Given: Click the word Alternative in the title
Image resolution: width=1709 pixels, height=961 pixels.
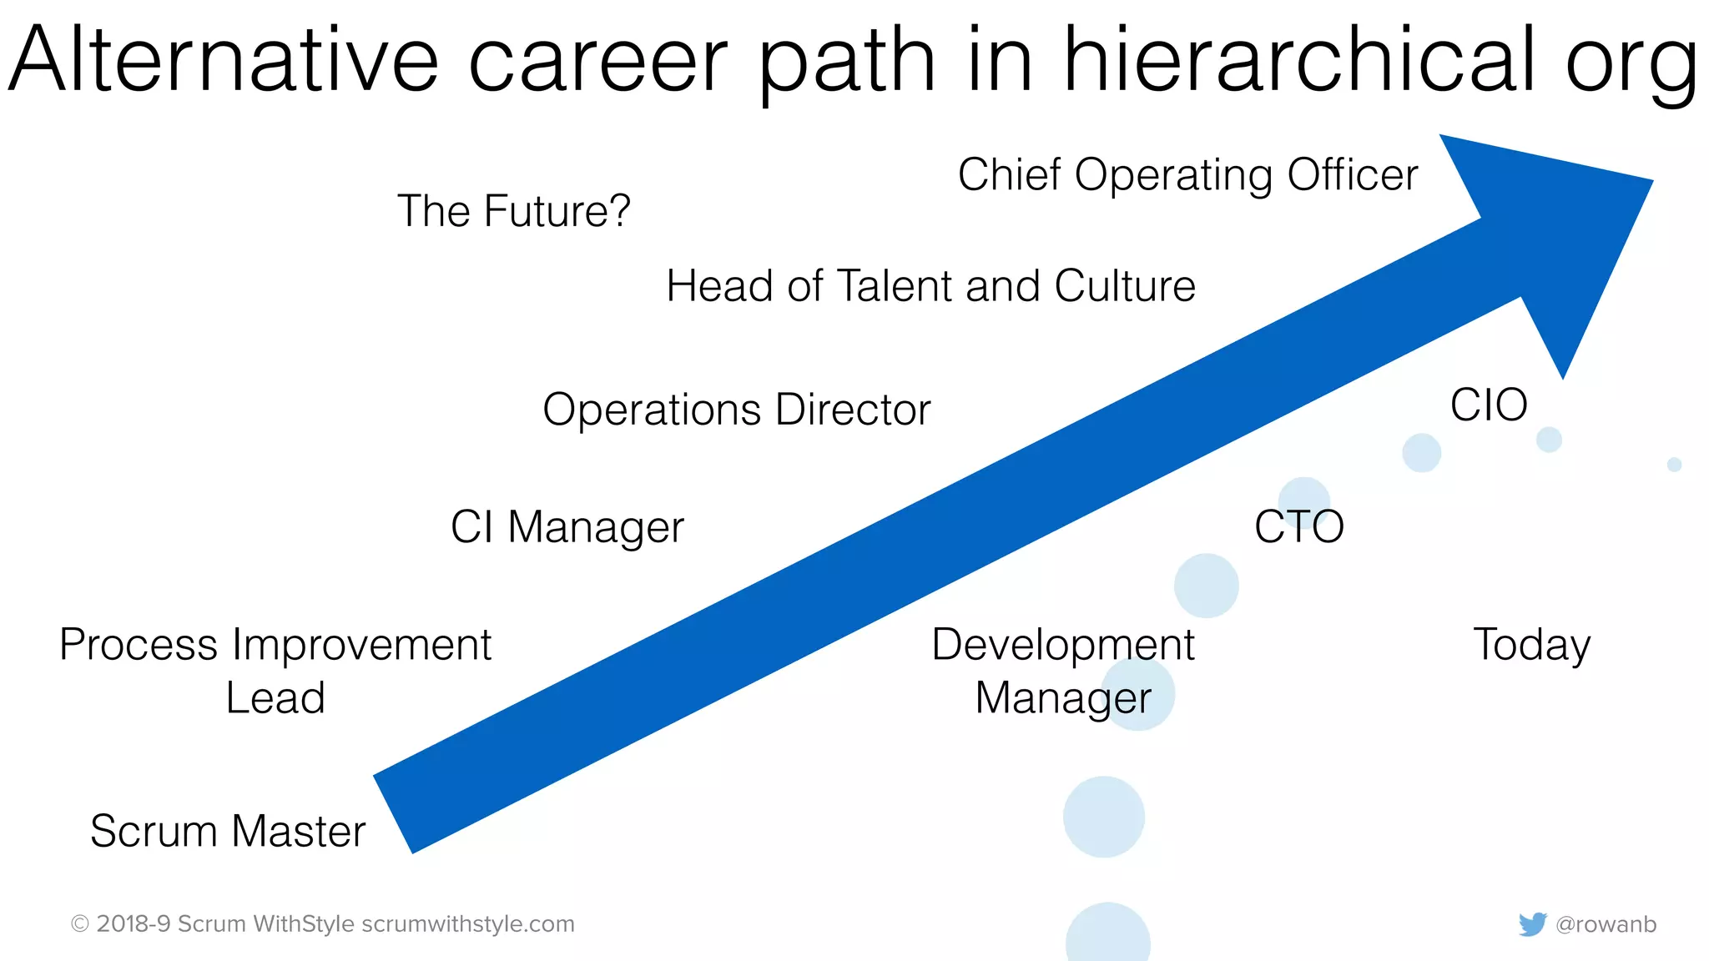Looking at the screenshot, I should pos(224,60).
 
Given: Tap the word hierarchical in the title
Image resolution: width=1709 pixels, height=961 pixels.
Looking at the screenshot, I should pos(1298,60).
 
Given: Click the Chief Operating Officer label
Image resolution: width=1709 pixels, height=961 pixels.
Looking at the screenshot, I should pos(1187,175).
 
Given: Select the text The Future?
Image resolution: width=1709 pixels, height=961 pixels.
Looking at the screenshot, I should pos(514,211).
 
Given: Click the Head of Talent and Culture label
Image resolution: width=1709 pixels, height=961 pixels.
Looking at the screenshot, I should pos(930,286).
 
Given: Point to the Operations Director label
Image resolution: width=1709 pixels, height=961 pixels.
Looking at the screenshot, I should pos(736,410).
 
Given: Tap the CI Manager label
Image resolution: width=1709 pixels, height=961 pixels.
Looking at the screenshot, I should pos(567,527).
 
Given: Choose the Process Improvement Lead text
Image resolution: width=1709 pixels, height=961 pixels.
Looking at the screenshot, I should pos(275,671).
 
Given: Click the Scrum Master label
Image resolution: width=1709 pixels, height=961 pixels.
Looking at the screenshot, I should pos(228,831).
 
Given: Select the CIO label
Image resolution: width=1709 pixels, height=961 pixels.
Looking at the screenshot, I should pos(1489,405).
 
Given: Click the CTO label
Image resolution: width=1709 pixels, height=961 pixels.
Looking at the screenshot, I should pos(1299,527).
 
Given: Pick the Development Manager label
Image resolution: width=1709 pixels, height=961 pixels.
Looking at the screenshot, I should pos(1063,671).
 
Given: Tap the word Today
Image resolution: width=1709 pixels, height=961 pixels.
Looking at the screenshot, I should pos(1532,645).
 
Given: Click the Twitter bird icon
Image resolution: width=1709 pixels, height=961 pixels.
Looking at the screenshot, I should pos(1532,924).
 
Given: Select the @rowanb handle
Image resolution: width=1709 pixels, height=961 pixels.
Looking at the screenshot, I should pos(1606,924).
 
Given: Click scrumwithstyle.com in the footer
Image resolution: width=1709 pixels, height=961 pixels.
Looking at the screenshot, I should pos(468,924).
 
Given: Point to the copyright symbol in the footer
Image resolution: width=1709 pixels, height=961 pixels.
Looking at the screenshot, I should pos(80,924).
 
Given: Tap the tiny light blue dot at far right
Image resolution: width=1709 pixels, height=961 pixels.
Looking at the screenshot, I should pos(1674,465).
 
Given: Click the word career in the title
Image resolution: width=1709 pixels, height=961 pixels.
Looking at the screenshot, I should pos(598,60).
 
